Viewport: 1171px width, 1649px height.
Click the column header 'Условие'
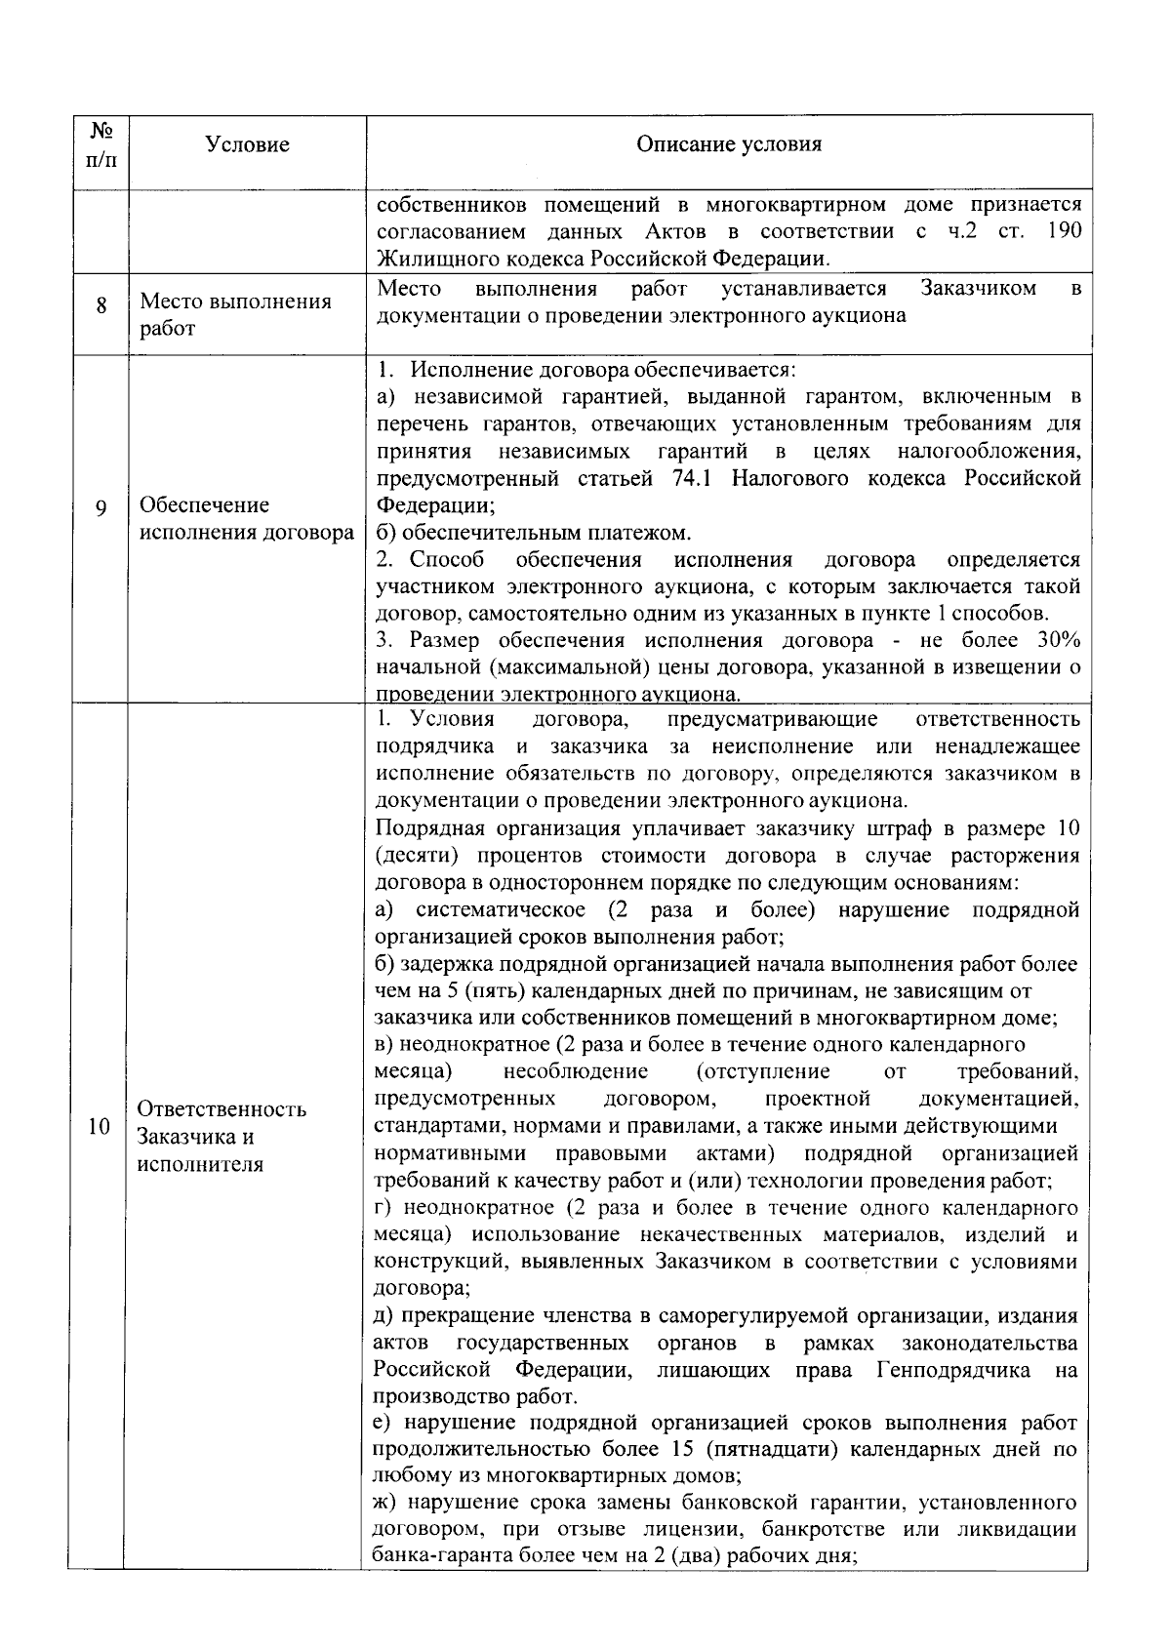click(247, 144)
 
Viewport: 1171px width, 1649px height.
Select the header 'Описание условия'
click(728, 144)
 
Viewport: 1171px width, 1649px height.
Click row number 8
click(101, 305)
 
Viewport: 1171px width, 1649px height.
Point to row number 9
click(101, 508)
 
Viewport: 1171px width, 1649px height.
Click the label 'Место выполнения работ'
click(234, 314)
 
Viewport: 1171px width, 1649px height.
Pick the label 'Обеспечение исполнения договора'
click(247, 519)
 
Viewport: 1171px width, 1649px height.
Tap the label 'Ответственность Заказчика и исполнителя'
click(222, 1137)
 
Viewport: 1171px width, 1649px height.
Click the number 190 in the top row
click(1062, 231)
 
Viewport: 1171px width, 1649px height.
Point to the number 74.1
click(695, 478)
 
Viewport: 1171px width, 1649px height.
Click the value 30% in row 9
click(1052, 641)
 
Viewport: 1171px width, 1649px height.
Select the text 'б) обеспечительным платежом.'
click(534, 533)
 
